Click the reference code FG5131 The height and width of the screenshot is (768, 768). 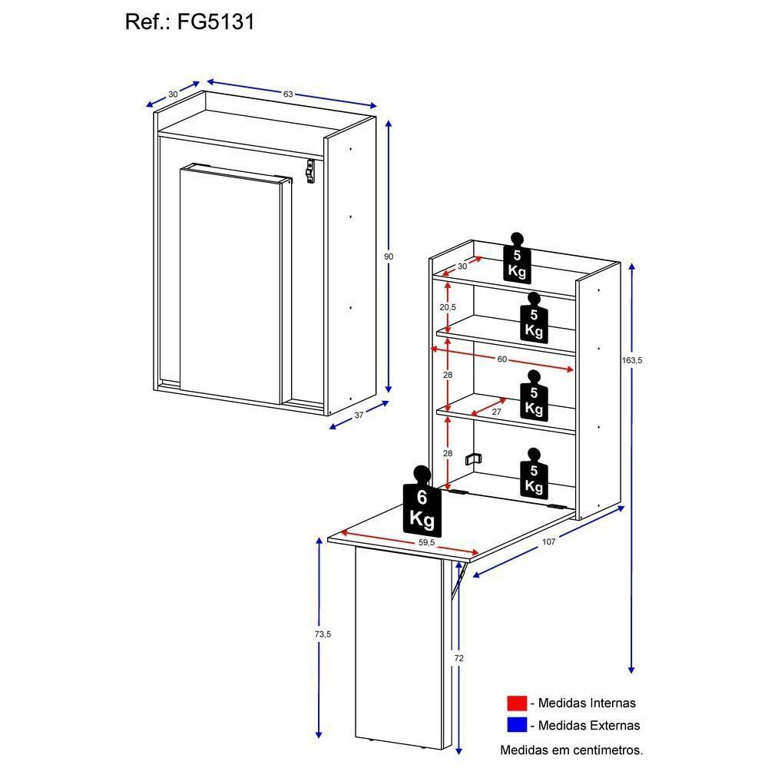(217, 22)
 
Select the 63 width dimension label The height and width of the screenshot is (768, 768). (288, 94)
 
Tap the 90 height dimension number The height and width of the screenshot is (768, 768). (389, 256)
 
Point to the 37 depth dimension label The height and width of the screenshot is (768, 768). (359, 415)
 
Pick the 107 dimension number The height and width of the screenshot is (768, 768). (548, 541)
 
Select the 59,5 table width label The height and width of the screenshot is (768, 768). (427, 542)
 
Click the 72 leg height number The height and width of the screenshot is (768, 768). (458, 658)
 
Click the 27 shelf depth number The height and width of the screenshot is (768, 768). (496, 412)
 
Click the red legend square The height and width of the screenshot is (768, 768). (517, 702)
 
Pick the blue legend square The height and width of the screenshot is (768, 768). (517, 724)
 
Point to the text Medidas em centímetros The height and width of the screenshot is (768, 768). (571, 749)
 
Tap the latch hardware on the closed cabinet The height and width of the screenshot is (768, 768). (310, 170)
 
